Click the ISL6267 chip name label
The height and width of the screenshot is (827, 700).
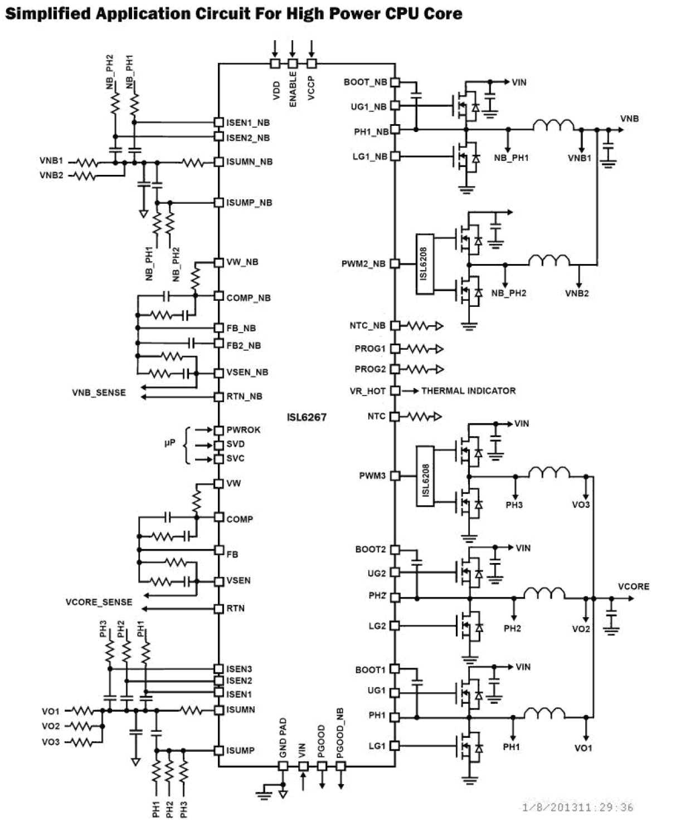pyautogui.click(x=307, y=417)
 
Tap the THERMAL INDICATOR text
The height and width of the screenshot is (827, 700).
pyautogui.click(x=468, y=391)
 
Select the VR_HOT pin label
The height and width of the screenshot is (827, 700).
pyautogui.click(x=367, y=391)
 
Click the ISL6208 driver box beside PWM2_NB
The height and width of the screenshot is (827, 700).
pyautogui.click(x=424, y=263)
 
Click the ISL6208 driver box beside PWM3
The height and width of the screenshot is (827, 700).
pyautogui.click(x=425, y=476)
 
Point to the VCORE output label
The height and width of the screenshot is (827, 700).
pyautogui.click(x=634, y=586)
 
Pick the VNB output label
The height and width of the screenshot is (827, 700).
pyautogui.click(x=629, y=119)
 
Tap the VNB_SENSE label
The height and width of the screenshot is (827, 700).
pyautogui.click(x=99, y=393)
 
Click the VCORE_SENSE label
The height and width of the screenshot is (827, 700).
pyautogui.click(x=99, y=602)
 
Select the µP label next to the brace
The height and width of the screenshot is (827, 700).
pyautogui.click(x=169, y=443)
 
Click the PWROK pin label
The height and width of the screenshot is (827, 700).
pyautogui.click(x=243, y=430)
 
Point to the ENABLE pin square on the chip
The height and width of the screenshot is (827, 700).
pyautogui.click(x=293, y=63)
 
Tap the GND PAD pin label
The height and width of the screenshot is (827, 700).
pyautogui.click(x=283, y=738)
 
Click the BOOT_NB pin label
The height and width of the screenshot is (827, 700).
pyautogui.click(x=365, y=82)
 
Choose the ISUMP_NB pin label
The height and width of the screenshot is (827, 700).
pyautogui.click(x=249, y=203)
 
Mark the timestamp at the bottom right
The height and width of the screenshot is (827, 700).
pyautogui.click(x=577, y=807)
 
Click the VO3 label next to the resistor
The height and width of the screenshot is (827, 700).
pyautogui.click(x=50, y=742)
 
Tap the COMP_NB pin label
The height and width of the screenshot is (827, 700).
pyautogui.click(x=248, y=298)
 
